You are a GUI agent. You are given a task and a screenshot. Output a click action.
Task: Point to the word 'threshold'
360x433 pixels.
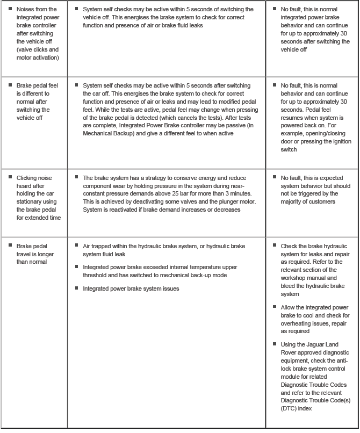[x=97, y=275]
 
